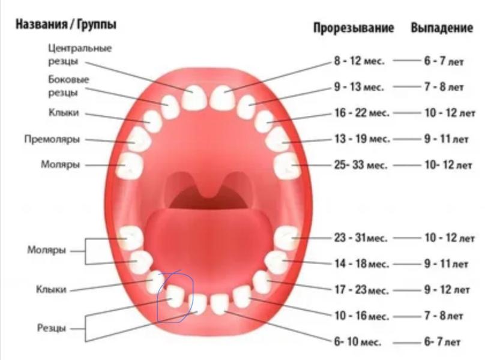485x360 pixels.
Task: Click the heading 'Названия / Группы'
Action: point(66,25)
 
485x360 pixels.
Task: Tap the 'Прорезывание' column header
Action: point(353,28)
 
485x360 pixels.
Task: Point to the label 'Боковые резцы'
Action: point(68,86)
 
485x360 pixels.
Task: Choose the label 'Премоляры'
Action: point(52,139)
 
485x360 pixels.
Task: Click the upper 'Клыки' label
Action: point(64,113)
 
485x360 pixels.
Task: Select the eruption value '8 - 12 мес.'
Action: point(360,61)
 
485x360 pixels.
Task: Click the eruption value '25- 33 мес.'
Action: point(362,164)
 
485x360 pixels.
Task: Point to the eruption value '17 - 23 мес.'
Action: point(362,290)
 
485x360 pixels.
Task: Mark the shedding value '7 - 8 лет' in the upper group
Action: point(444,87)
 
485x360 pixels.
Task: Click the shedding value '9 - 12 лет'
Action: point(447,290)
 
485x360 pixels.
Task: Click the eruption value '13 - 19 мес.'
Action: point(362,139)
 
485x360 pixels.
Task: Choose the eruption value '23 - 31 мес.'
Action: point(362,238)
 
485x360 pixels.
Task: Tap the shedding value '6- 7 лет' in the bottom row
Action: point(444,342)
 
